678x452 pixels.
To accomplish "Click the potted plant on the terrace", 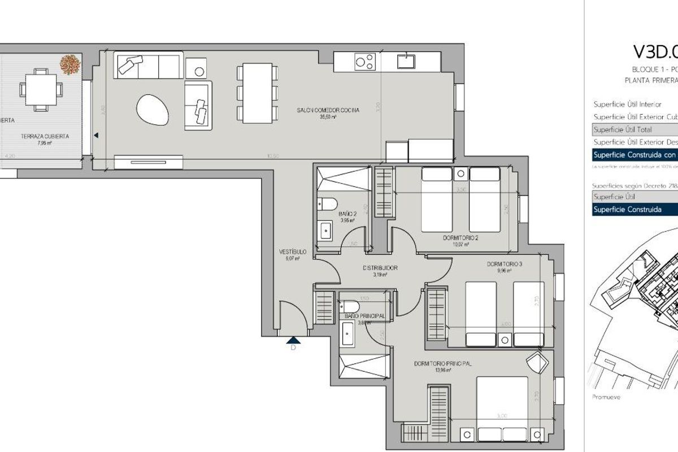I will coord(70,64).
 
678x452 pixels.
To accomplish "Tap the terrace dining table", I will coord(40,89).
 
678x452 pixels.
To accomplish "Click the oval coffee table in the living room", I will coord(153,108).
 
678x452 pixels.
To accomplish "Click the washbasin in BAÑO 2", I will coord(327,230).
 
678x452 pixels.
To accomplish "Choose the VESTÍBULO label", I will coord(292,251).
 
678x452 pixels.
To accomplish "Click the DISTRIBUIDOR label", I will coord(380,268).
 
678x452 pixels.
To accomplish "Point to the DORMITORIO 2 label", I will coord(460,238).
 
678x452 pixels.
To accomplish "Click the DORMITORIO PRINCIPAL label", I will coord(442,363).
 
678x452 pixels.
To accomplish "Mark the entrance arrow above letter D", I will coord(293,339).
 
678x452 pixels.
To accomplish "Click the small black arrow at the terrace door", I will coord(96,136).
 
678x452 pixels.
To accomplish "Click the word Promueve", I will coord(606,397).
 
